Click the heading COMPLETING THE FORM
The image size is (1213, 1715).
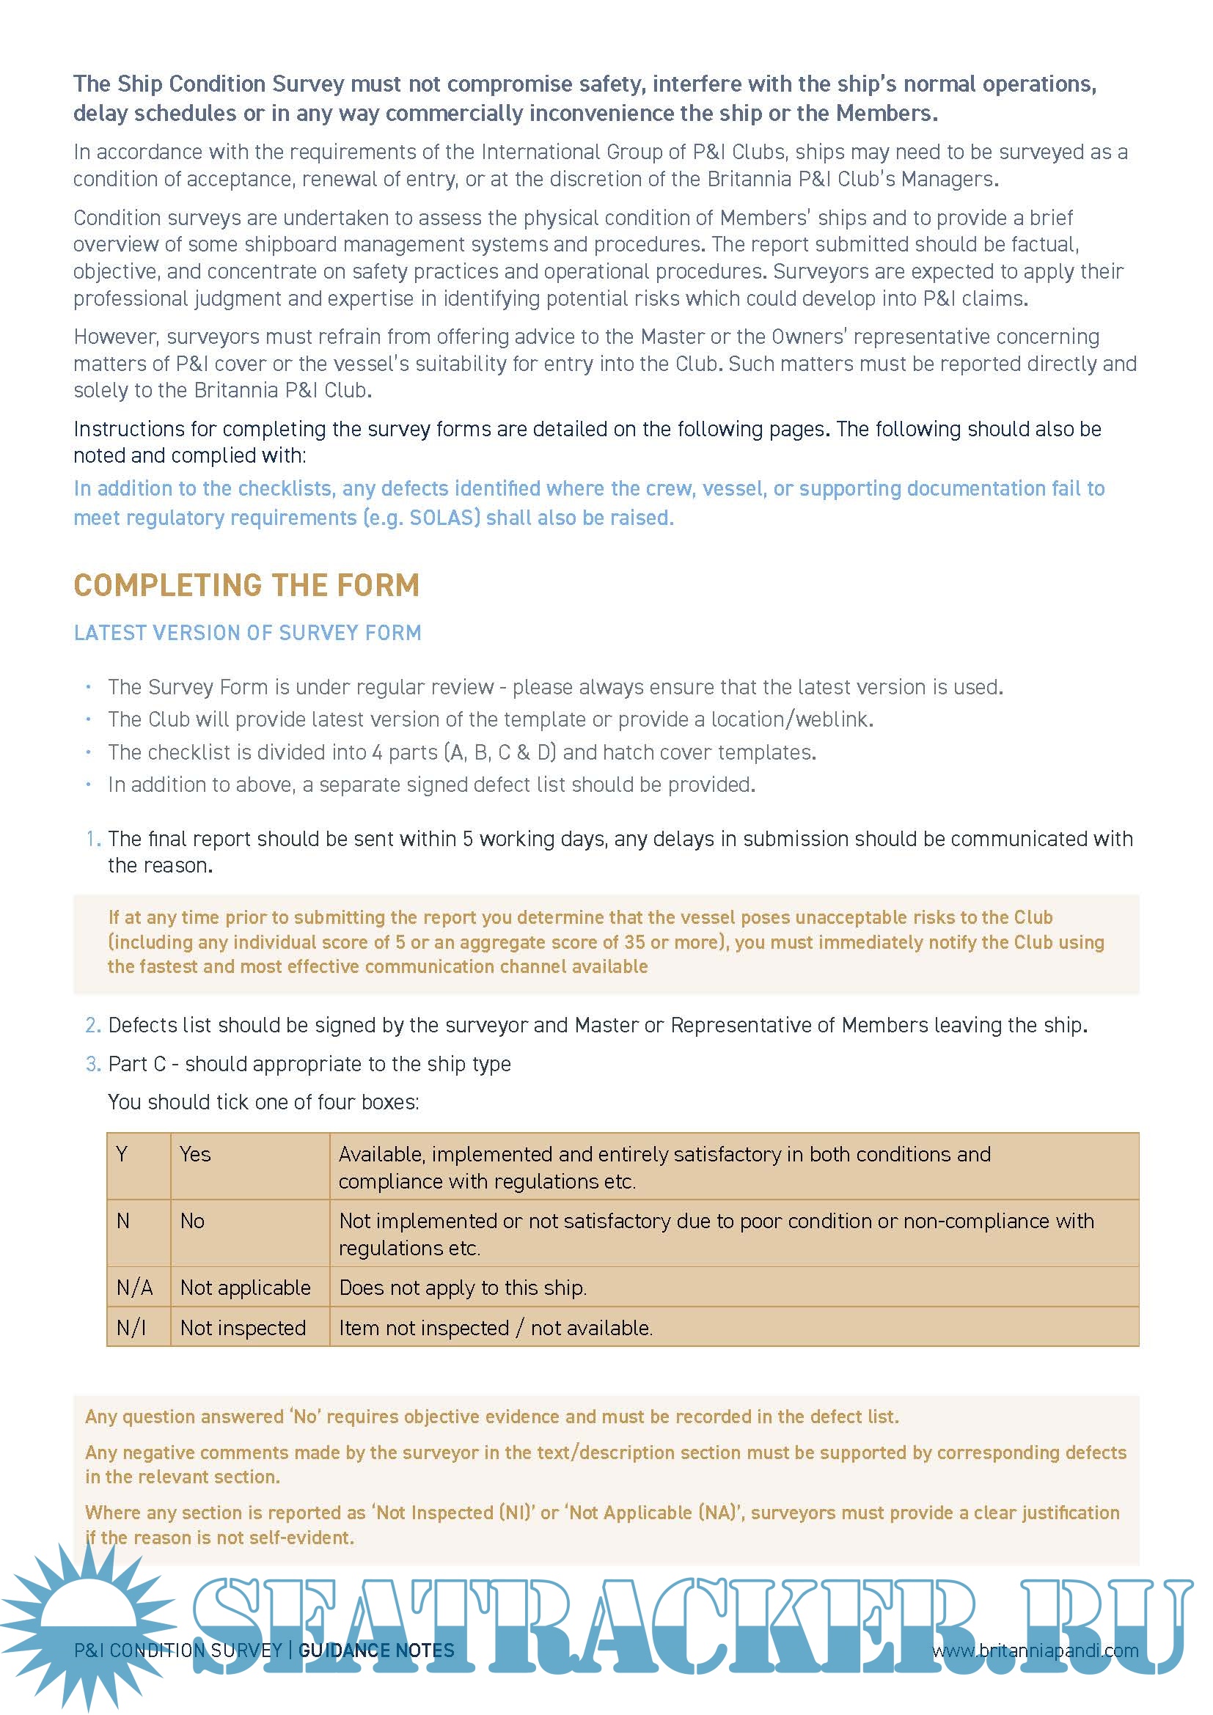coord(246,585)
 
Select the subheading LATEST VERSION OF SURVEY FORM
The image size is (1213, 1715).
coord(247,633)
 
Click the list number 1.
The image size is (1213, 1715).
coord(92,839)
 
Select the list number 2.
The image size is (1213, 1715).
coord(92,1025)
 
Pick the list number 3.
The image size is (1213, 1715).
coord(92,1064)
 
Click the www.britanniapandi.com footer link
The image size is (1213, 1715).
coord(1036,1650)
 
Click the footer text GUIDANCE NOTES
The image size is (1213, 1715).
coord(375,1650)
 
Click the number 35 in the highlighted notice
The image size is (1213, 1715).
coord(635,942)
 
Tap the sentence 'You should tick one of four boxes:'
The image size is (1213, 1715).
coord(263,1102)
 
